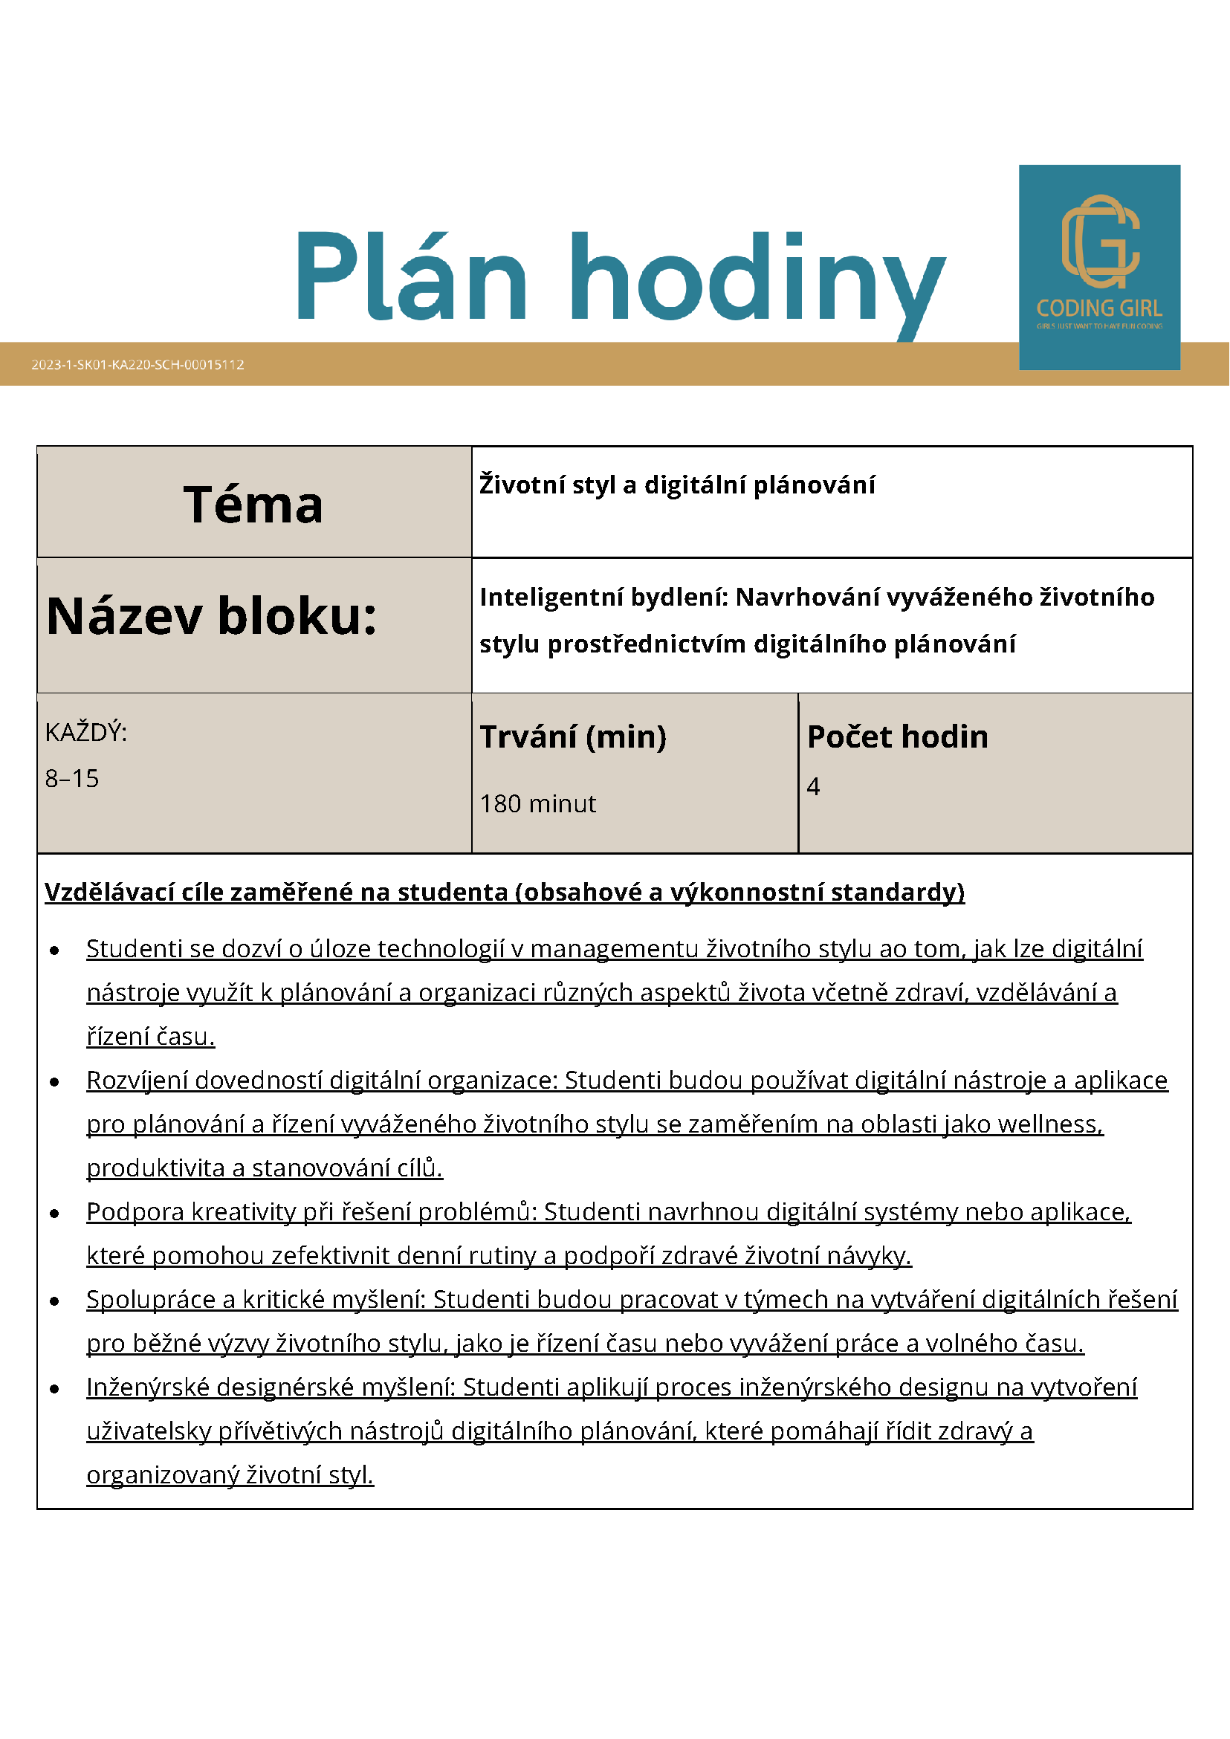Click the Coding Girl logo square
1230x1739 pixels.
[x=1099, y=267]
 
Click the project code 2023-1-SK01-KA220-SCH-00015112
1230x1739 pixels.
[x=137, y=364]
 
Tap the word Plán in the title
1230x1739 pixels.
[x=411, y=277]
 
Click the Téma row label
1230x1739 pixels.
[x=253, y=505]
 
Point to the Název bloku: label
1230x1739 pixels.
[x=212, y=616]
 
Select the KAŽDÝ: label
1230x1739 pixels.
[x=86, y=733]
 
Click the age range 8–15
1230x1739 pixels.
[x=72, y=779]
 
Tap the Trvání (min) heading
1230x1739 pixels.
[x=573, y=737]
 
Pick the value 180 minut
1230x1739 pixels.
[x=538, y=803]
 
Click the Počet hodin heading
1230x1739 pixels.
[x=898, y=737]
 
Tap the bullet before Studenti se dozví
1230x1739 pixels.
[x=54, y=951]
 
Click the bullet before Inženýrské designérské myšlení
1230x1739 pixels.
[x=54, y=1389]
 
